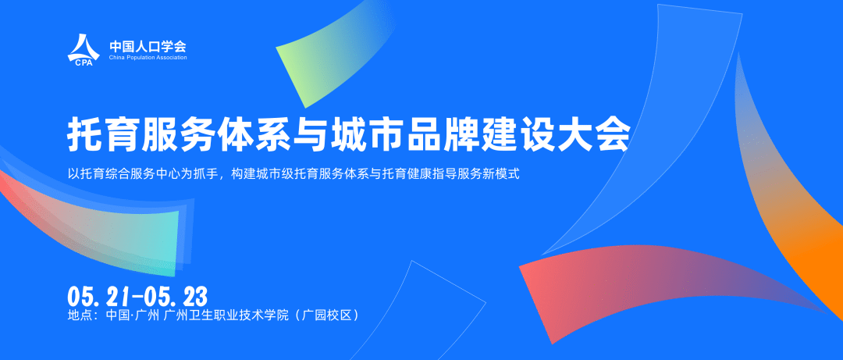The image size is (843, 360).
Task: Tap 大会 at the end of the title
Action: click(x=599, y=135)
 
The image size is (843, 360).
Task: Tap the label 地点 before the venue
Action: click(x=81, y=315)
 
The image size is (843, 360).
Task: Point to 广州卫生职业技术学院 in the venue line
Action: click(x=226, y=315)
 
